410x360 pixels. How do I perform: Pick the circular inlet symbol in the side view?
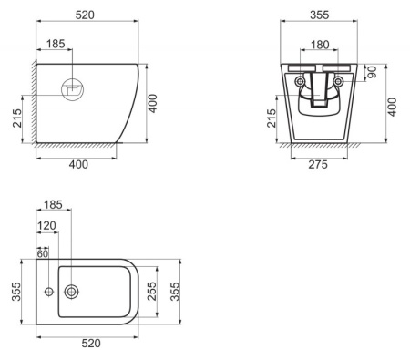(x=72, y=90)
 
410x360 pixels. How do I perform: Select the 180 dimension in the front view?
(x=319, y=44)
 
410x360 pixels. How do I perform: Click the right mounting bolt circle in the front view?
(x=338, y=81)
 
